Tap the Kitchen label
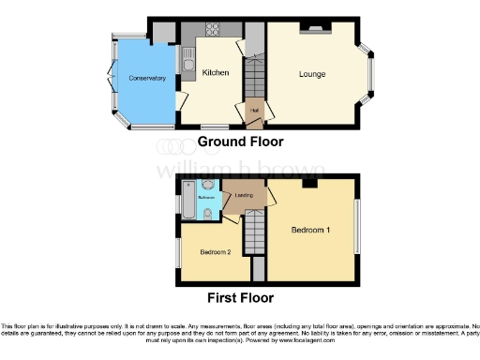pyautogui.click(x=217, y=72)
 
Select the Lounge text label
pyautogui.click(x=313, y=74)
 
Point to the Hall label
pyautogui.click(x=253, y=111)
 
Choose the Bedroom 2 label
pyautogui.click(x=216, y=252)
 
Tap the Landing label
pyautogui.click(x=244, y=195)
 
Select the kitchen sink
pyautogui.click(x=187, y=65)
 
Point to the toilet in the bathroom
pyautogui.click(x=206, y=214)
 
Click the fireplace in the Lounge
pyautogui.click(x=313, y=30)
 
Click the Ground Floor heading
pyautogui.click(x=240, y=142)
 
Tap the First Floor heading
pyautogui.click(x=240, y=298)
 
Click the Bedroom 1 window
pyautogui.click(x=356, y=226)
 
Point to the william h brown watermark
pyautogui.click(x=241, y=171)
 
